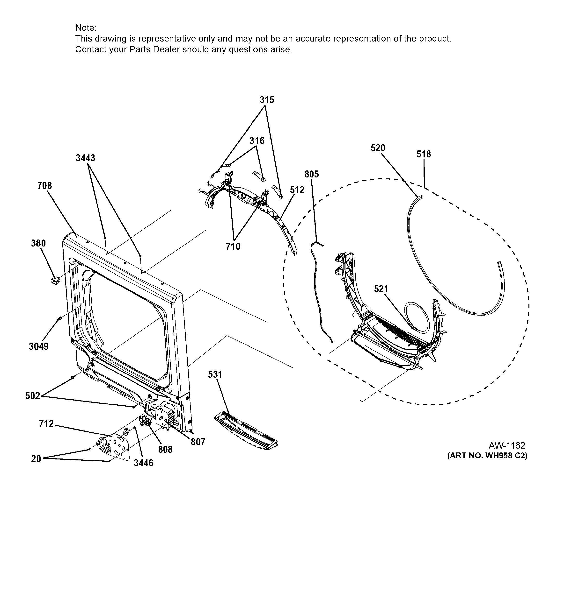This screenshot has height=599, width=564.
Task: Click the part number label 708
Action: pyautogui.click(x=45, y=186)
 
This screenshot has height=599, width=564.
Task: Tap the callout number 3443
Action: pyautogui.click(x=85, y=158)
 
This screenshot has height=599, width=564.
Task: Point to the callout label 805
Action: pyautogui.click(x=312, y=174)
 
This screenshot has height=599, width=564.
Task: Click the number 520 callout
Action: pyautogui.click(x=378, y=148)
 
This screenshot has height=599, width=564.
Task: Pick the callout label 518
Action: pyautogui.click(x=424, y=154)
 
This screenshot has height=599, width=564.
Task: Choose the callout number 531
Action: pyautogui.click(x=215, y=374)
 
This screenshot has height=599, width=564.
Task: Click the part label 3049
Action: pyautogui.click(x=39, y=346)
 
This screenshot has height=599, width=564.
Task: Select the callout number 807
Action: pyautogui.click(x=198, y=442)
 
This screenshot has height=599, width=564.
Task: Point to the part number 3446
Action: pyautogui.click(x=143, y=463)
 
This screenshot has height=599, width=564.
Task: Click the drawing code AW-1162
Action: pyautogui.click(x=507, y=445)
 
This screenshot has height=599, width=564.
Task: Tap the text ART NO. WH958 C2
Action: pyautogui.click(x=487, y=456)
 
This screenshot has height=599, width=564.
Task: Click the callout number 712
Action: pyautogui.click(x=46, y=424)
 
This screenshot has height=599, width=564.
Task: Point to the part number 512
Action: pyautogui.click(x=297, y=190)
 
